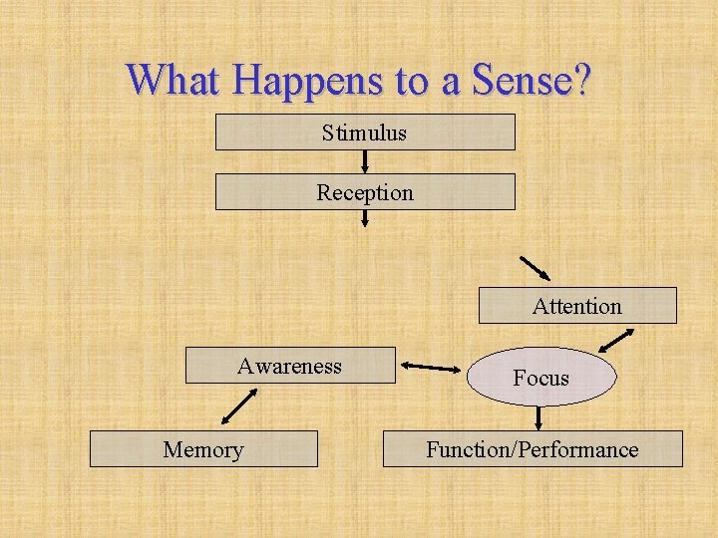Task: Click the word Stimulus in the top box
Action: (364, 133)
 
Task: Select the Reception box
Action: (365, 192)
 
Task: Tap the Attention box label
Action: (576, 306)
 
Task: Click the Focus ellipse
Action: (541, 377)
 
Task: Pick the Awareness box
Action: (290, 366)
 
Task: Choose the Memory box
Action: (203, 449)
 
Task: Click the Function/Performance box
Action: (533, 449)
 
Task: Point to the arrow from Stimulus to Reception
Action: (365, 161)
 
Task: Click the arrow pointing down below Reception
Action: (365, 218)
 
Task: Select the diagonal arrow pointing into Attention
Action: (535, 268)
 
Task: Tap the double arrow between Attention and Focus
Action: (615, 341)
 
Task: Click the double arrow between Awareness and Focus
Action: (432, 369)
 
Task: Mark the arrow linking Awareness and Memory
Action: (238, 405)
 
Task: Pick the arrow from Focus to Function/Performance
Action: (539, 416)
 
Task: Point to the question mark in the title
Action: (581, 80)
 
